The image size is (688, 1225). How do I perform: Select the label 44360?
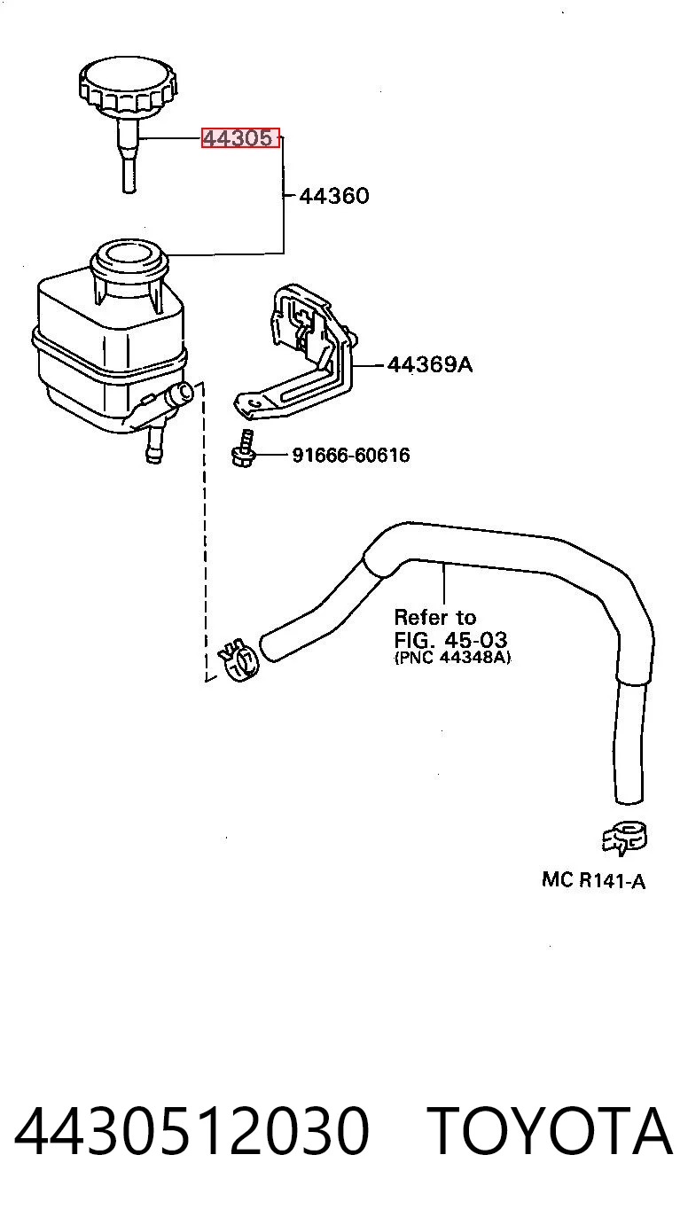(x=334, y=195)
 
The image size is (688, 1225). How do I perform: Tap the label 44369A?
(x=430, y=364)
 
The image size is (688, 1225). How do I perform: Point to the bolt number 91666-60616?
(x=350, y=455)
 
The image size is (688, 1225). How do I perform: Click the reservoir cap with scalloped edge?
(x=129, y=88)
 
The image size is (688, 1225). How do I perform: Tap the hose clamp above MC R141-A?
(x=624, y=838)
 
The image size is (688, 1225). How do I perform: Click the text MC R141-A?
(x=593, y=880)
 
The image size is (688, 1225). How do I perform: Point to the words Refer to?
(x=434, y=618)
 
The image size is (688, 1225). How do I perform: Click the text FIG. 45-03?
(x=450, y=639)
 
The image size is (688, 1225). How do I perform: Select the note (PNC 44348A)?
(x=452, y=657)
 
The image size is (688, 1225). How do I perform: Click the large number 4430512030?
(x=192, y=1130)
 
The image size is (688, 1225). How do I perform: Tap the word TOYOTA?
(x=549, y=1130)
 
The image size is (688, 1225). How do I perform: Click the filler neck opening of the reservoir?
(x=129, y=254)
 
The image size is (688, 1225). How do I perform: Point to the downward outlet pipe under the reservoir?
(x=155, y=445)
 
